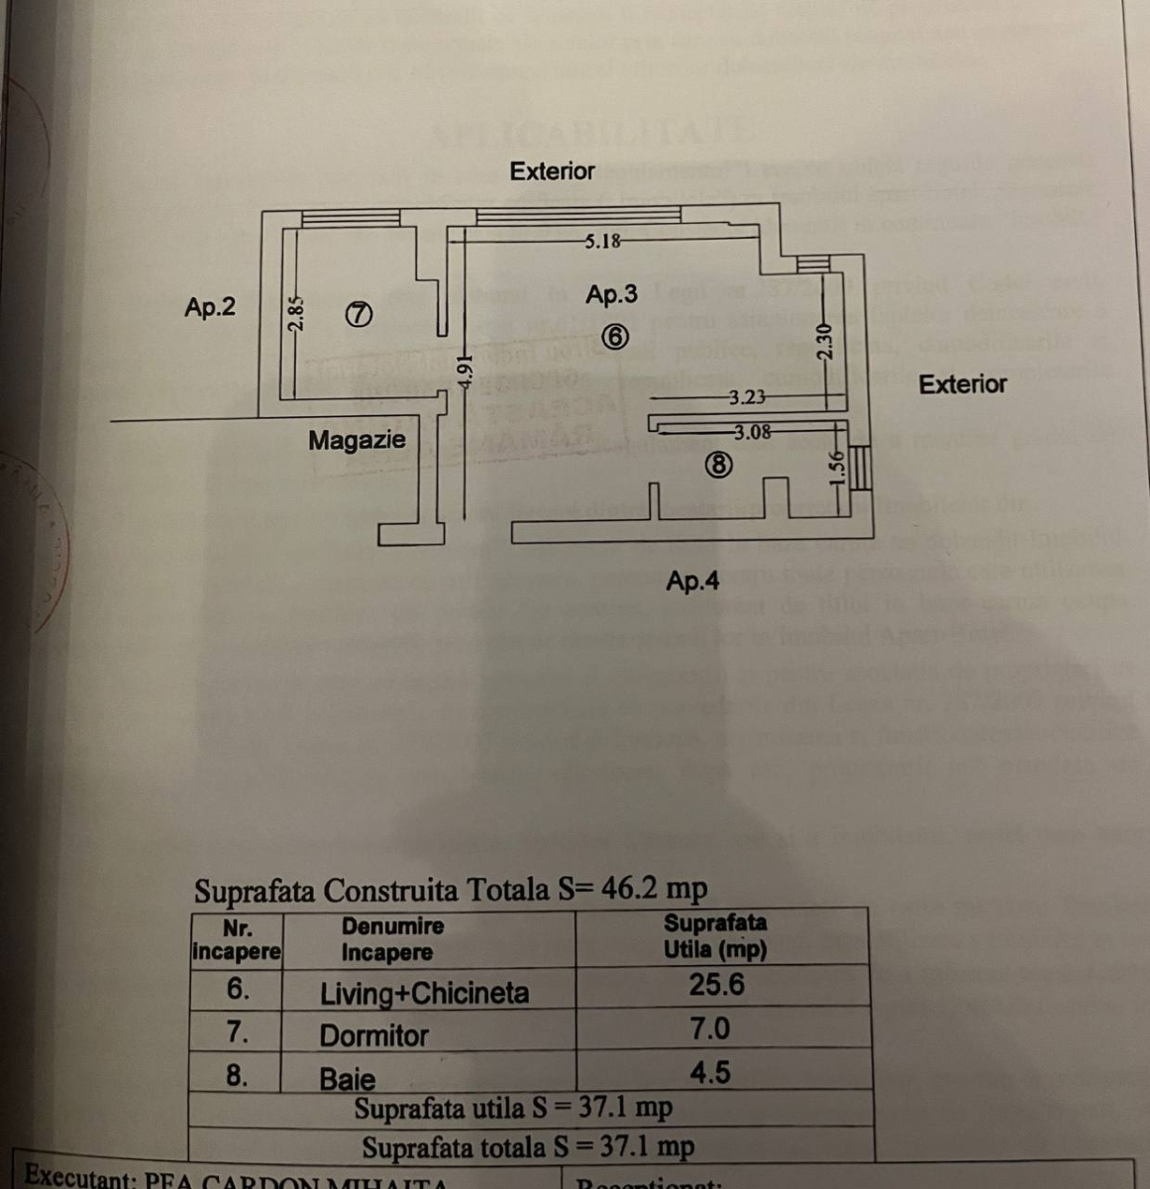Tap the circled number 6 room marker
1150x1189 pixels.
(614, 336)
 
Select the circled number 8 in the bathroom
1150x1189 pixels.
(719, 464)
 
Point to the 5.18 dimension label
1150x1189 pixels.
(602, 241)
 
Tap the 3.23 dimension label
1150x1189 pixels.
(747, 398)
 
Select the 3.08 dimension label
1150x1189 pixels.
(753, 432)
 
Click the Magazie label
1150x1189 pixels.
(357, 440)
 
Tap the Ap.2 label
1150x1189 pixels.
(210, 307)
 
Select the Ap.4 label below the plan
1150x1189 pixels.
(692, 582)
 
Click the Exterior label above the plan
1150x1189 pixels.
(552, 171)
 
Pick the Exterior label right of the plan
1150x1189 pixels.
(962, 384)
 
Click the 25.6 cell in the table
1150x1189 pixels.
(716, 985)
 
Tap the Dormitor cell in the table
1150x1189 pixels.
(373, 1036)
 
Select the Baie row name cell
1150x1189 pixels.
(348, 1079)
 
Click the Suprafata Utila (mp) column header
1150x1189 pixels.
(715, 935)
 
